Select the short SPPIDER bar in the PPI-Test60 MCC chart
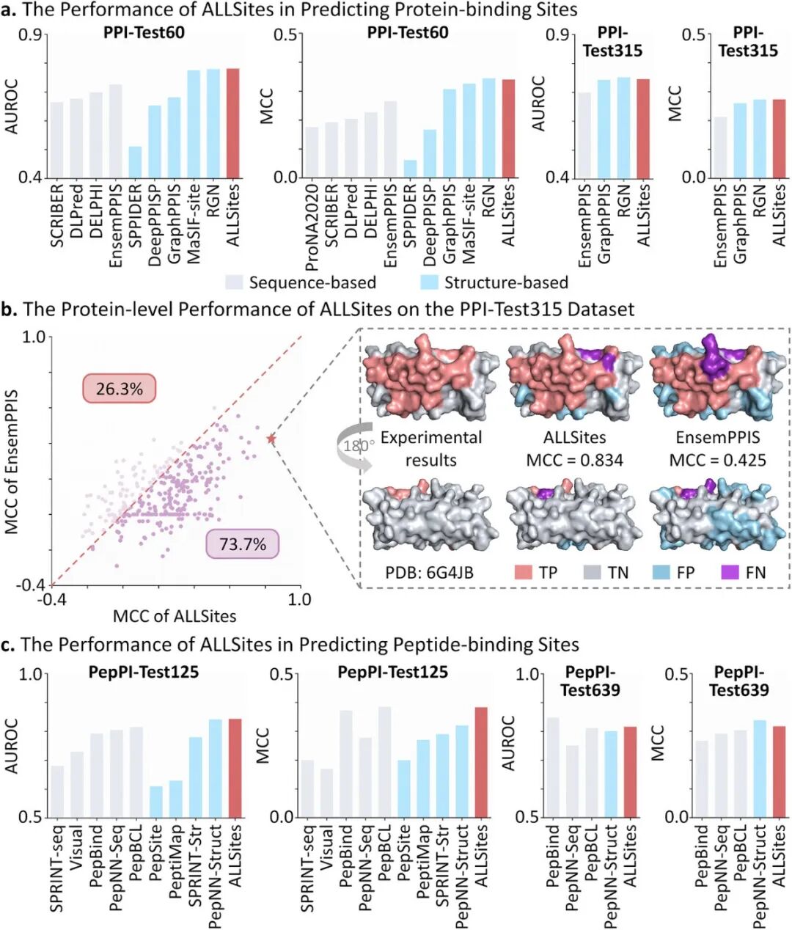click(x=410, y=169)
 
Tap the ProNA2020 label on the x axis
click(x=312, y=220)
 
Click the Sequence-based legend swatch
click(x=234, y=282)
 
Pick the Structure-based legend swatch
click(x=430, y=282)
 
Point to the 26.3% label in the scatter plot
click(x=120, y=388)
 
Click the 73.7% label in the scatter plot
click(x=243, y=544)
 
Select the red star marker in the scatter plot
click(x=271, y=439)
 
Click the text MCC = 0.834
click(x=574, y=460)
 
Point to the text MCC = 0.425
click(x=717, y=460)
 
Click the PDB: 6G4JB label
click(x=430, y=572)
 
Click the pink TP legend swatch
click(x=523, y=572)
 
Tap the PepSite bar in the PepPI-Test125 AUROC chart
click(x=155, y=802)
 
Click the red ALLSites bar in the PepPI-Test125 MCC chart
click(x=481, y=762)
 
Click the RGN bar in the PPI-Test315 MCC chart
click(x=758, y=139)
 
